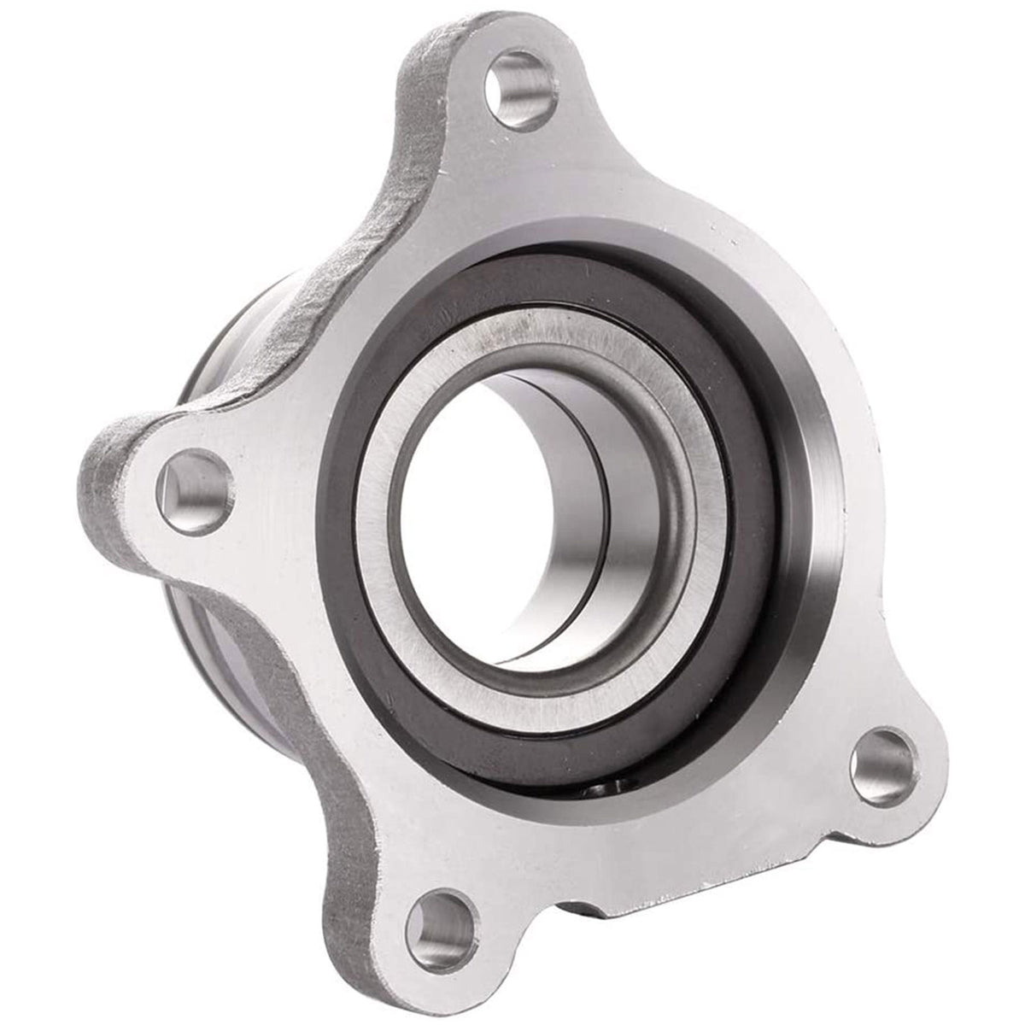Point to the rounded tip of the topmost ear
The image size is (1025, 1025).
click(x=504, y=26)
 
